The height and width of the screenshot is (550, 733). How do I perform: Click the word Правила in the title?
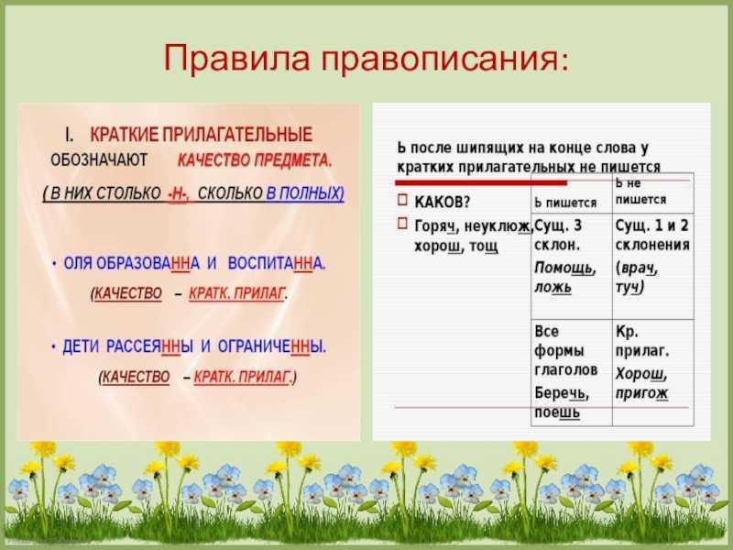click(236, 58)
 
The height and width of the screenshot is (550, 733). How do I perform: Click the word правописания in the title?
click(444, 59)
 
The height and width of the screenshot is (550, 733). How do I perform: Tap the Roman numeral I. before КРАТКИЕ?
click(70, 135)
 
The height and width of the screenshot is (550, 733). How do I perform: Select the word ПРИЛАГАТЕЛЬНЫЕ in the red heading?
click(237, 135)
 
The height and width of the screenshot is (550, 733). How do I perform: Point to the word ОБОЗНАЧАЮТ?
click(99, 160)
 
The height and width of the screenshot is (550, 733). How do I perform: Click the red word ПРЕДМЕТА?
click(292, 160)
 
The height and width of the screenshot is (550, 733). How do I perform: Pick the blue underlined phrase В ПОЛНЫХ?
click(305, 193)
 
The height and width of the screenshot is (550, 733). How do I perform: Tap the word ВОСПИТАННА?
click(277, 263)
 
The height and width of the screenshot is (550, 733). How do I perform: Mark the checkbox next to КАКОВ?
click(402, 200)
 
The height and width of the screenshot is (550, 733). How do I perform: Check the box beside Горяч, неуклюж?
click(402, 223)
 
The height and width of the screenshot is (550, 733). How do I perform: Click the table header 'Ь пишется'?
click(565, 203)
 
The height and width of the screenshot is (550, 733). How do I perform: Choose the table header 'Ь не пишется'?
click(640, 192)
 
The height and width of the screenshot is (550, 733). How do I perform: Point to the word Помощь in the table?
click(564, 268)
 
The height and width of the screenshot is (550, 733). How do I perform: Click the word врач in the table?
click(638, 268)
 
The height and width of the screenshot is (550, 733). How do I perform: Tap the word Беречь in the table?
click(561, 393)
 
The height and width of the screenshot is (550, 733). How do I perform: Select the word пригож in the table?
click(641, 394)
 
